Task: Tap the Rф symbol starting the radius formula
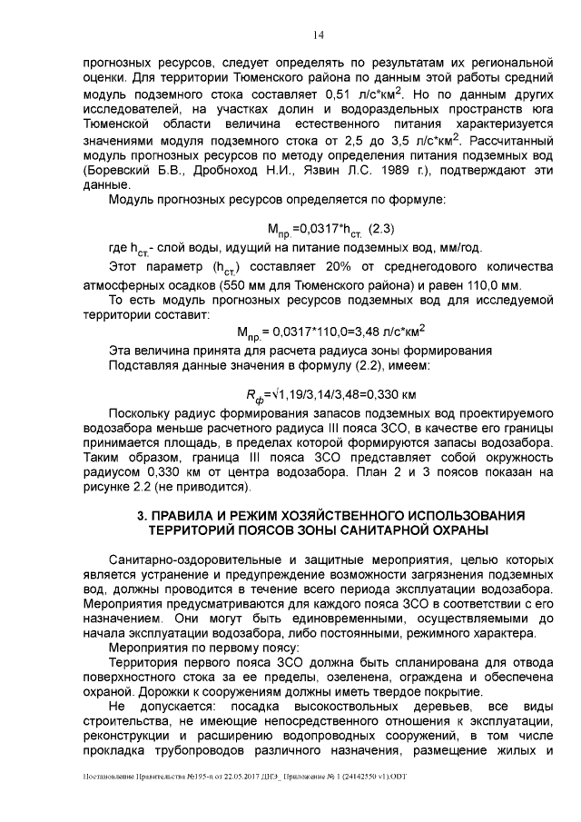(255, 396)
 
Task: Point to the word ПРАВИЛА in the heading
(186, 515)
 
